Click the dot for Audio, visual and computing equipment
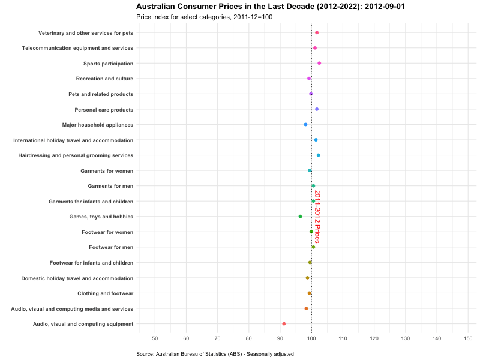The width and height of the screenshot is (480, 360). [x=284, y=324]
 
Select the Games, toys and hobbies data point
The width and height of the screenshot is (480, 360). [x=300, y=217]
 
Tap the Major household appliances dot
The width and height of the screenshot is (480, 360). [x=305, y=125]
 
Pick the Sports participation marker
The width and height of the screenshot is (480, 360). [x=319, y=63]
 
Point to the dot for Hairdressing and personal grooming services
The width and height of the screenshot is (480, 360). [x=318, y=155]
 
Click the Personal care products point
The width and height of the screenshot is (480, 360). [x=317, y=109]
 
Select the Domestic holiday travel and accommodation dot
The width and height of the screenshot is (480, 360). [x=307, y=278]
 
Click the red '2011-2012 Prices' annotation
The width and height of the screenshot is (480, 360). [x=317, y=217]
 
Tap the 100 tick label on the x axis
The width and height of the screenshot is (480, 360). [x=311, y=339]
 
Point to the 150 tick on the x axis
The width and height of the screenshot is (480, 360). [x=467, y=339]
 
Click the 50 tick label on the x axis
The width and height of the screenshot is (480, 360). [x=155, y=339]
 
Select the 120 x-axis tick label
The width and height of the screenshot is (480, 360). [x=374, y=339]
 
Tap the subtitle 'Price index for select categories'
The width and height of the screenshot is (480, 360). [x=204, y=17]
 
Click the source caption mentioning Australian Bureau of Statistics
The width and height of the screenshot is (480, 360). [x=215, y=355]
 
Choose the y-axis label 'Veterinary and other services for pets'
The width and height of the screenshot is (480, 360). [x=86, y=32]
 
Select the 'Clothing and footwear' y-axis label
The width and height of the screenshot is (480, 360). [x=105, y=293]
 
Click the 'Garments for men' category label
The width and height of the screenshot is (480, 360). [x=110, y=186]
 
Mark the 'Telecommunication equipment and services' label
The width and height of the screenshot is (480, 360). [x=77, y=48]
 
